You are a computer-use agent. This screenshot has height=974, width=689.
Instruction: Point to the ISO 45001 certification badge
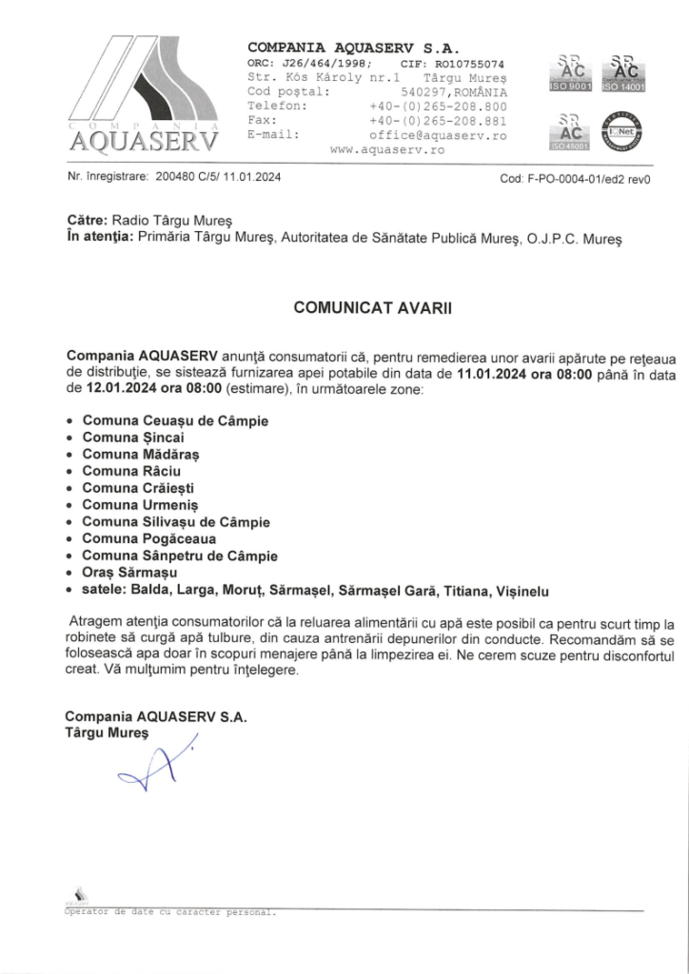point(571,132)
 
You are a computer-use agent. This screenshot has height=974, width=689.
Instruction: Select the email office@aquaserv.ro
point(438,135)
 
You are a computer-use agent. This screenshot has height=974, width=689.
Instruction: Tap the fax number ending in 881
point(438,121)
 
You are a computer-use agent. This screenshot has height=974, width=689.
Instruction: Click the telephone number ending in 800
point(438,107)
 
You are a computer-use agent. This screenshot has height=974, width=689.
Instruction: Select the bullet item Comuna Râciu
point(130,471)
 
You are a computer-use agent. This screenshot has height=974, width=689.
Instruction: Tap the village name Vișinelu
point(516,592)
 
